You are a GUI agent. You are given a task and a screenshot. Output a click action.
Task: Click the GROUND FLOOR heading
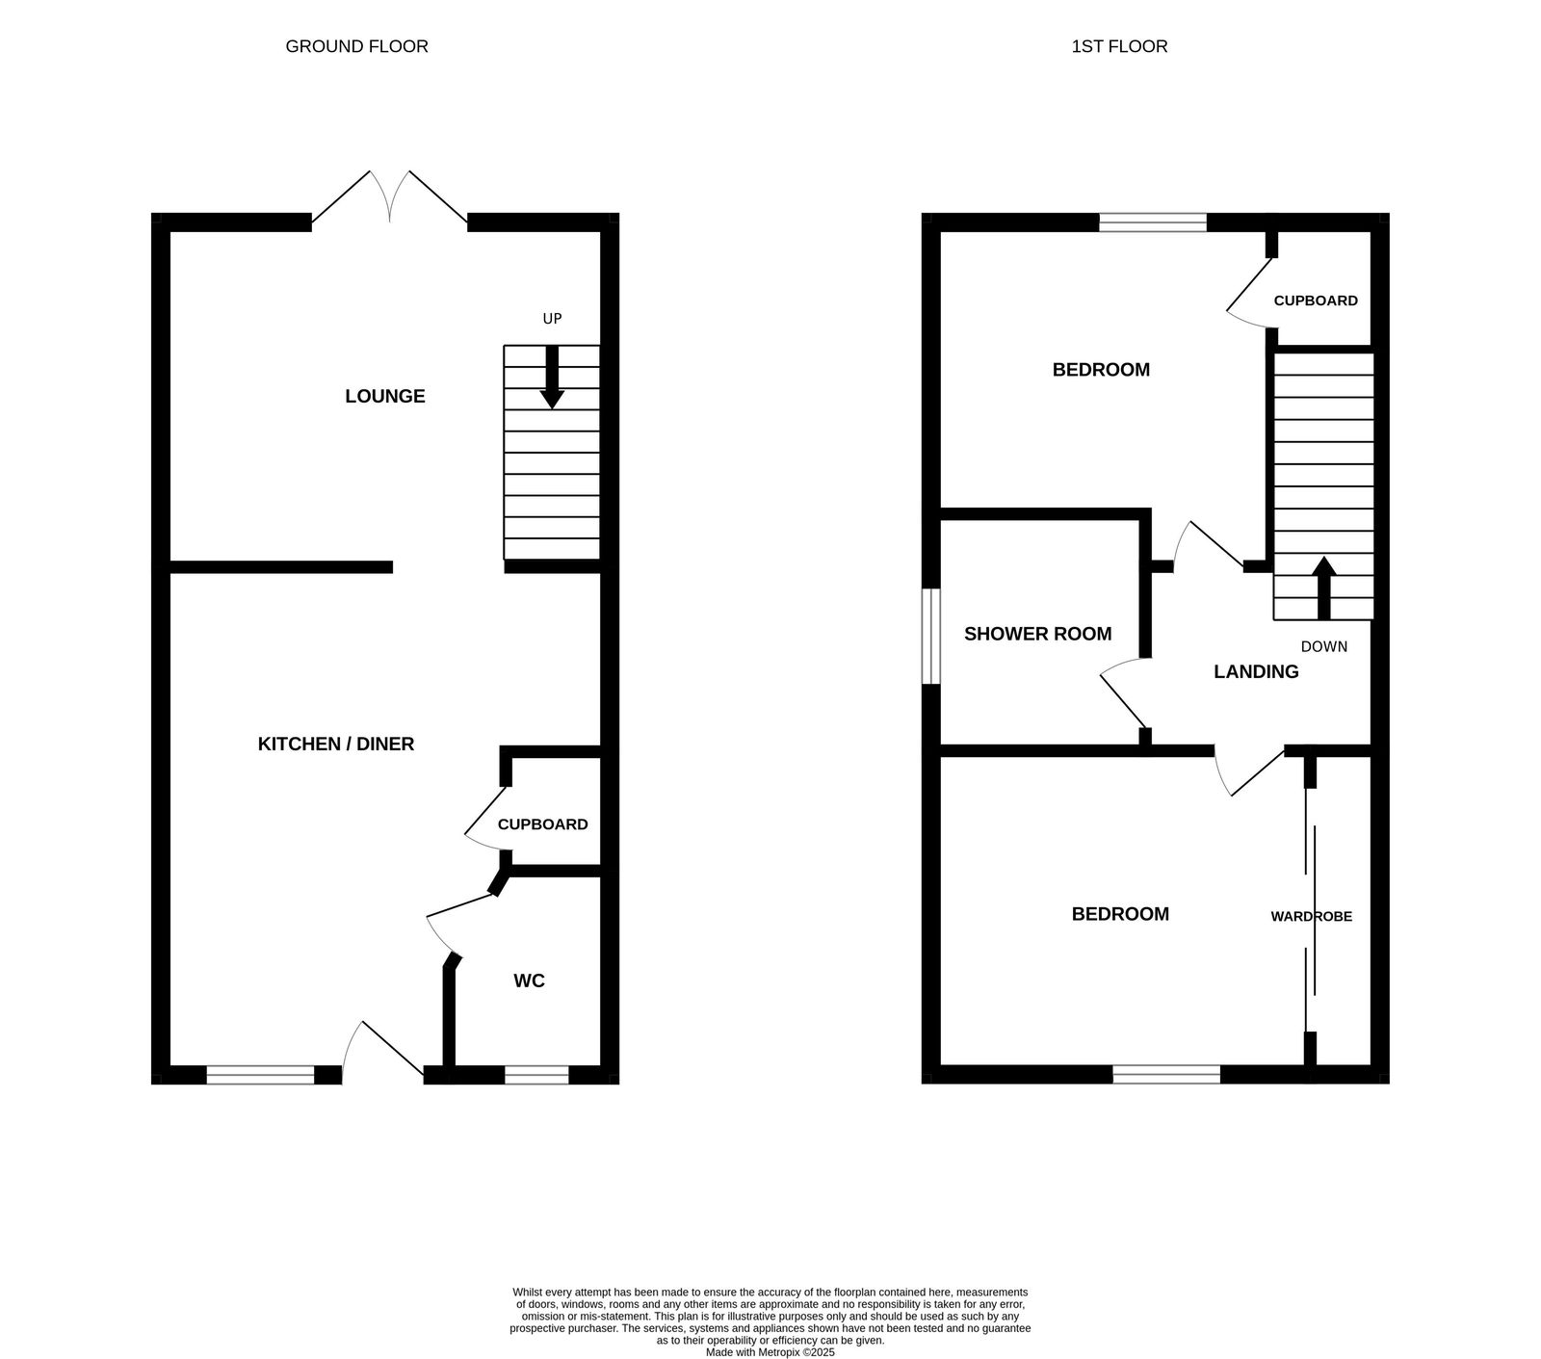(x=356, y=46)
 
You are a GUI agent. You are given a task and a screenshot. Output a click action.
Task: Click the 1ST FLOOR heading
(x=1119, y=46)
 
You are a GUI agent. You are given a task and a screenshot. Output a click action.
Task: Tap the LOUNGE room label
(x=385, y=396)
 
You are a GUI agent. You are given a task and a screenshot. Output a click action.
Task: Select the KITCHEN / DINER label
(x=336, y=744)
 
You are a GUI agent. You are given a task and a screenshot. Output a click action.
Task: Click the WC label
(x=530, y=980)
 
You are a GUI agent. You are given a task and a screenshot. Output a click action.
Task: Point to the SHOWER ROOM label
(x=1037, y=634)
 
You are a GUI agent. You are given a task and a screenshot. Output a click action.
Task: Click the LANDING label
(x=1256, y=671)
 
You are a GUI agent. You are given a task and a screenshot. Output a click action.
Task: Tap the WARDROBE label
(x=1311, y=916)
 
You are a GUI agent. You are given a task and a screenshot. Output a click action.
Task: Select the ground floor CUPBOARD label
(x=542, y=824)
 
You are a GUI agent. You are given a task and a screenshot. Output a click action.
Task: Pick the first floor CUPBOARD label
(x=1316, y=301)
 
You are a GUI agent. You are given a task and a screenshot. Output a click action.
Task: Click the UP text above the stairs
(x=552, y=319)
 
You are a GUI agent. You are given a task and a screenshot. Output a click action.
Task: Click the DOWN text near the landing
(x=1323, y=646)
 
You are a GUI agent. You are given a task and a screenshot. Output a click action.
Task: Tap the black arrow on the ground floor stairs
(x=552, y=378)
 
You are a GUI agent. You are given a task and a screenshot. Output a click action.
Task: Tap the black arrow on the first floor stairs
(x=1323, y=587)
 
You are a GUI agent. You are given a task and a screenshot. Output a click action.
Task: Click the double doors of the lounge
(x=389, y=197)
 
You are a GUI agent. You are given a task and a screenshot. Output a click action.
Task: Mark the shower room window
(x=930, y=637)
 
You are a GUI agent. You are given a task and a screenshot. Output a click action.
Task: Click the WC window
(x=536, y=1075)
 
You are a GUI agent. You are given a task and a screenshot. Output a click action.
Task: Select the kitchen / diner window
(x=260, y=1075)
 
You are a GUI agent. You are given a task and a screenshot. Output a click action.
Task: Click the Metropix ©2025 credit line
(x=770, y=1352)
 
